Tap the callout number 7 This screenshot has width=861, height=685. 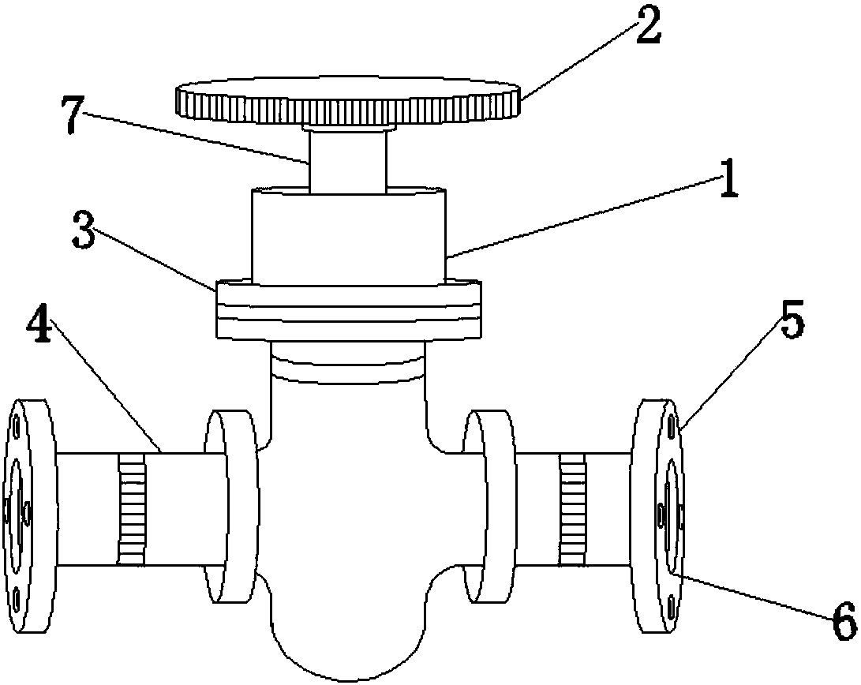tap(72, 114)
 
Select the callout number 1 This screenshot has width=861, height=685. tap(729, 179)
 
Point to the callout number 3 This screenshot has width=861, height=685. tap(83, 229)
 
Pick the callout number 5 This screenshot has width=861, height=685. tap(792, 319)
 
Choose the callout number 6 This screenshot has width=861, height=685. tap(844, 620)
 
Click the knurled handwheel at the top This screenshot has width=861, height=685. tap(348, 102)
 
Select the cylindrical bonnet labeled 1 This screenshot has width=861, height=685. tap(349, 236)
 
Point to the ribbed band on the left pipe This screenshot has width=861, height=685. tap(132, 509)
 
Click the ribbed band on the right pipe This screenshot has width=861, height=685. tap(573, 509)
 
